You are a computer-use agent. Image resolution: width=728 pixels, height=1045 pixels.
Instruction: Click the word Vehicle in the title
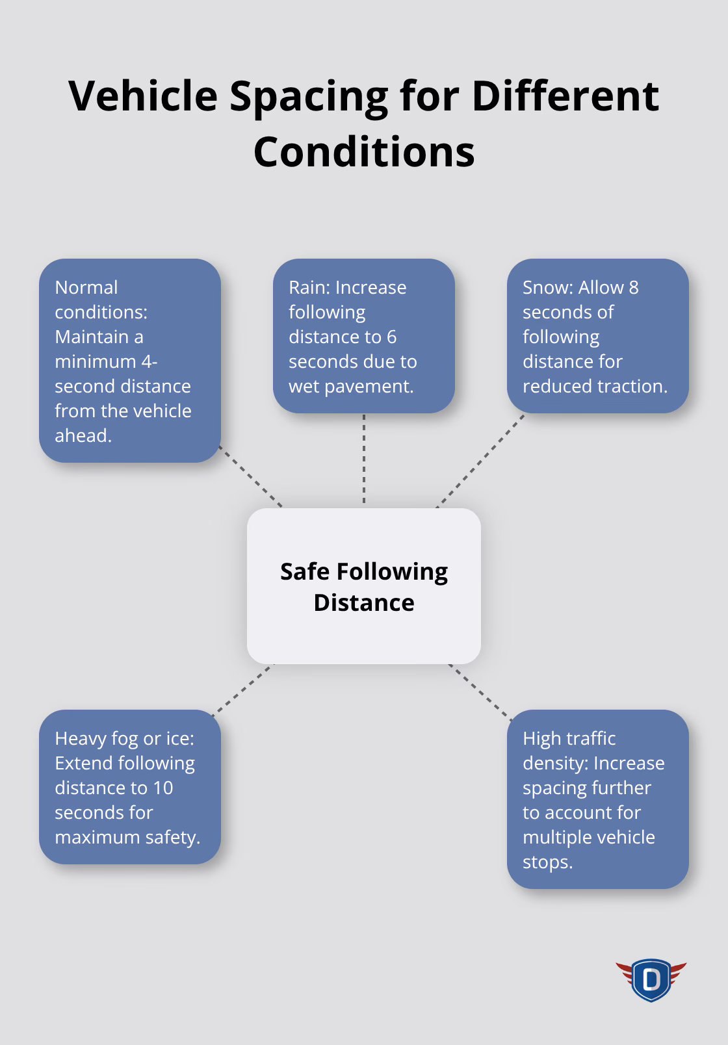click(x=143, y=96)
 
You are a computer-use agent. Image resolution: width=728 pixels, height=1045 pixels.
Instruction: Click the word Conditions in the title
click(x=364, y=152)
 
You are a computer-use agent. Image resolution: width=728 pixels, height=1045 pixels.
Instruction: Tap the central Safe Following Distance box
click(x=364, y=586)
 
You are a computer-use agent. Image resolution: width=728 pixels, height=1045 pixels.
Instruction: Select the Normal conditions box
click(x=130, y=361)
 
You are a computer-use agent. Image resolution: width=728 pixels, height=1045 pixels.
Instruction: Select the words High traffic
click(x=569, y=739)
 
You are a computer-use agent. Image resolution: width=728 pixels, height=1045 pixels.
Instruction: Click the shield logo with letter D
click(x=651, y=979)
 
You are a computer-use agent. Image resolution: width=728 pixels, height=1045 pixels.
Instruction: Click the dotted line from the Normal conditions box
click(x=251, y=476)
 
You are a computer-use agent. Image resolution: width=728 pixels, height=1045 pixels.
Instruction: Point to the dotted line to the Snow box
click(x=480, y=461)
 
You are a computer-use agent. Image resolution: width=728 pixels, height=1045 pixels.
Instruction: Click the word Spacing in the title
click(x=309, y=96)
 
